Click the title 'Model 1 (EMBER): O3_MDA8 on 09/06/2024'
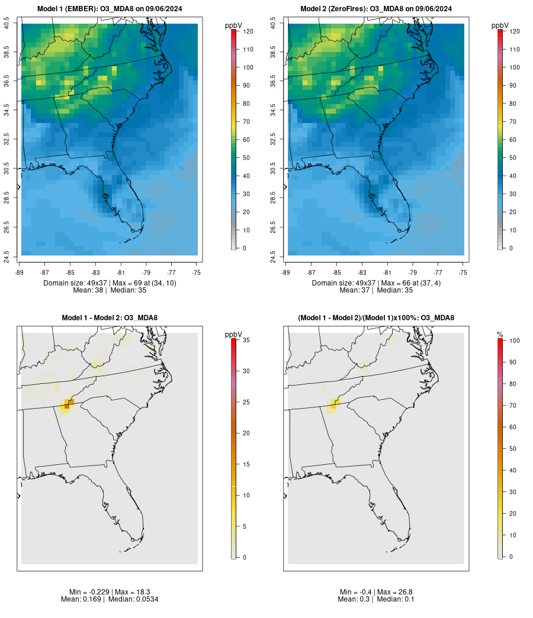[110, 8]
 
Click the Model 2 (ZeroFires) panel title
[376, 8]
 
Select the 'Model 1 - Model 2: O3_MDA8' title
[110, 318]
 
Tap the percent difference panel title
[376, 318]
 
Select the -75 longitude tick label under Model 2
[463, 272]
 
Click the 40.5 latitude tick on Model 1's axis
[7, 24]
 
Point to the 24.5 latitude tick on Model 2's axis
[273, 255]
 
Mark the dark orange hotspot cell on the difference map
[67, 406]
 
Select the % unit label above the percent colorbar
[500, 335]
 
